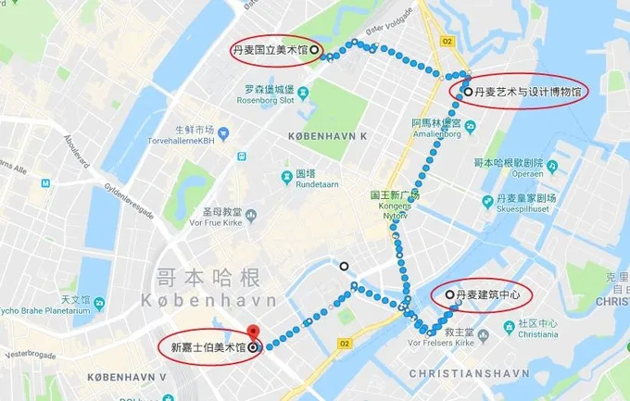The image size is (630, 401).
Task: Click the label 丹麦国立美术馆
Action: (271, 50)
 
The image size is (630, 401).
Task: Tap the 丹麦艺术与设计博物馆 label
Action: (527, 93)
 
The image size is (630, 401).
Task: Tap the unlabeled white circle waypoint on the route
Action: (344, 266)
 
